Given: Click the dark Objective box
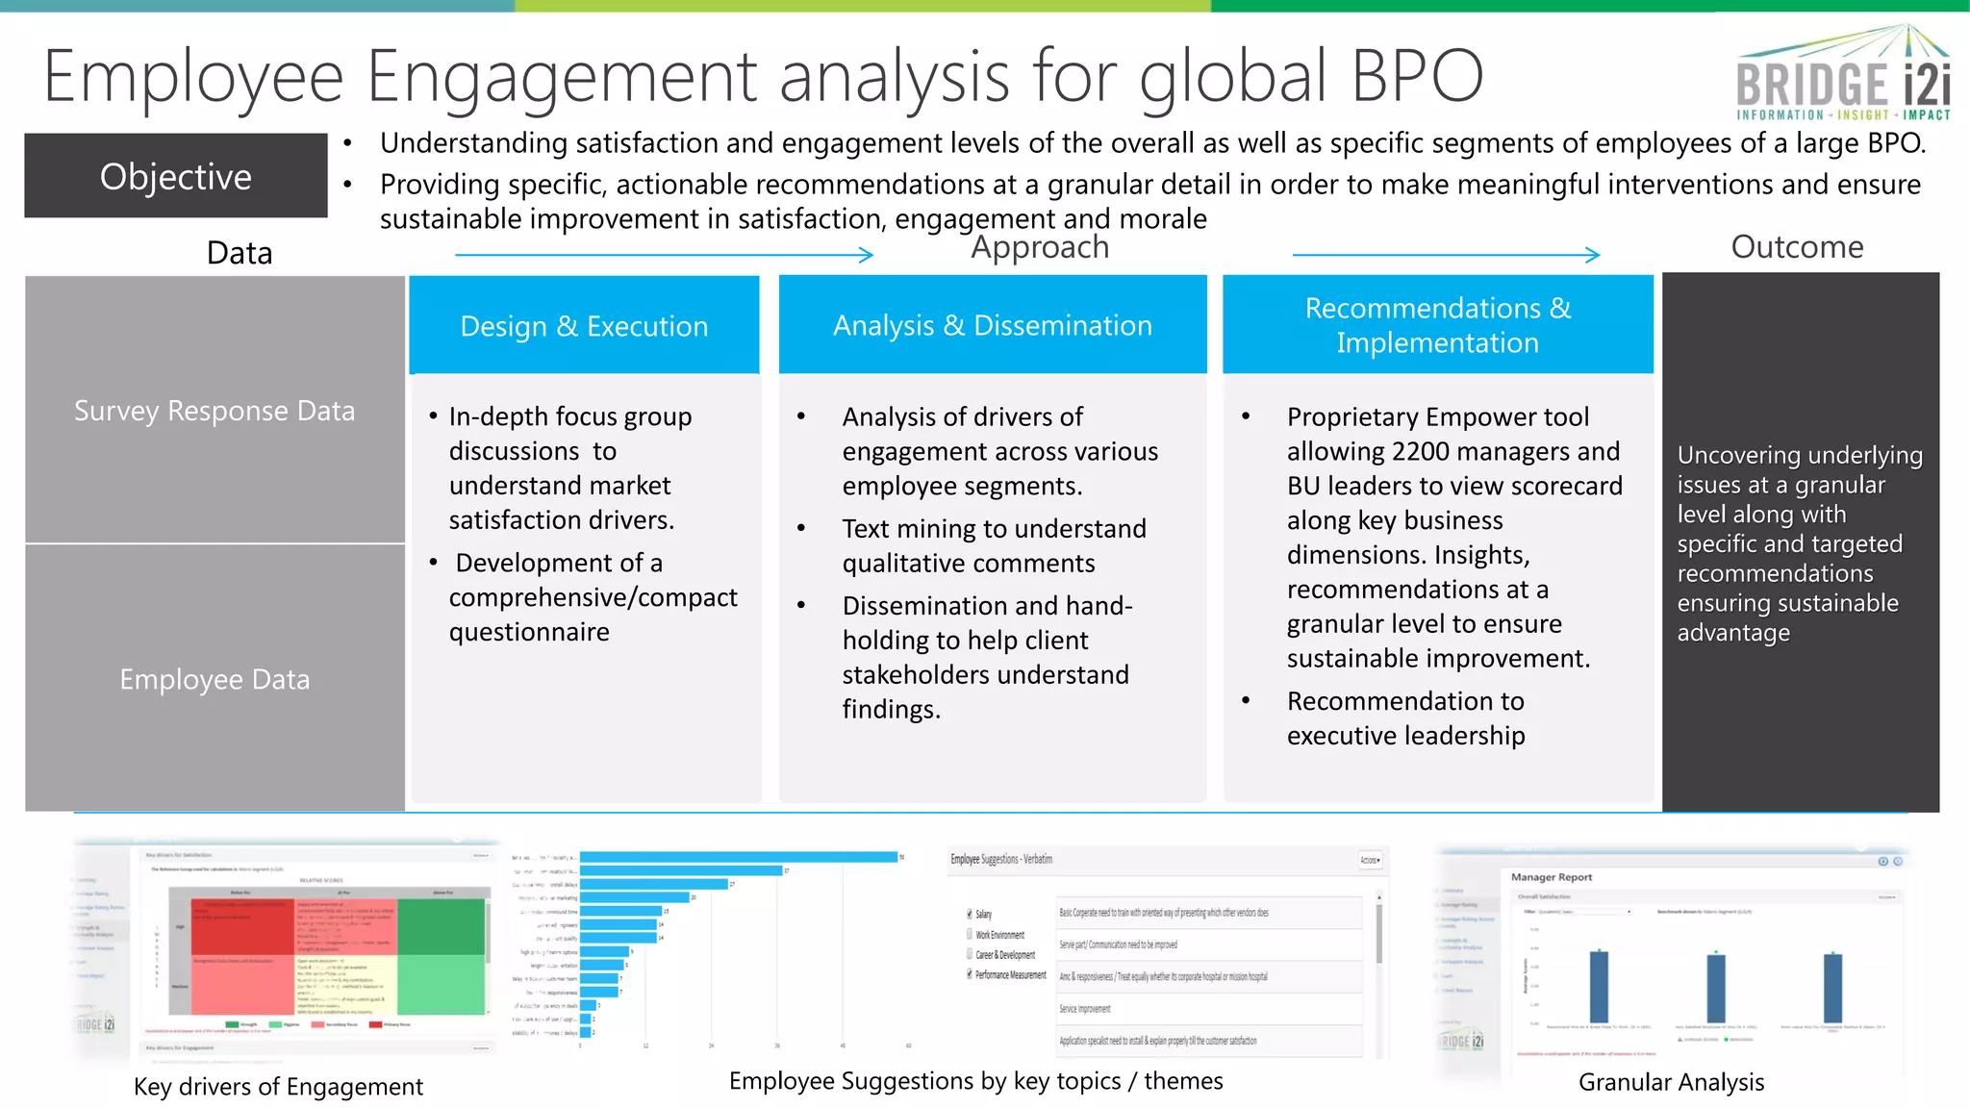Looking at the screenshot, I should (x=176, y=176).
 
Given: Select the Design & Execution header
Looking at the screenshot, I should (x=584, y=326).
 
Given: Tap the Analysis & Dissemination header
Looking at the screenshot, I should (x=992, y=325).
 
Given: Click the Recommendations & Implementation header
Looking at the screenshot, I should (x=1437, y=325).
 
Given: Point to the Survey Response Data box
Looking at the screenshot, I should (x=215, y=411).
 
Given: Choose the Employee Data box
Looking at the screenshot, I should (x=215, y=679).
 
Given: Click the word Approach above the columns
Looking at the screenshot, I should (x=1039, y=247).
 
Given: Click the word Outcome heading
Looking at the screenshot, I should (x=1797, y=247).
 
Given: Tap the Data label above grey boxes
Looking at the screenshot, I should (x=240, y=253).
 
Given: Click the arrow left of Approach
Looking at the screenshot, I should (x=664, y=255).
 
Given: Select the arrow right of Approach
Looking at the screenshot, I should (x=1445, y=255).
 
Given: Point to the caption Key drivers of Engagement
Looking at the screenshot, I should (x=278, y=1086).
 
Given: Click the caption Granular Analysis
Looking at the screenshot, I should (x=1671, y=1082).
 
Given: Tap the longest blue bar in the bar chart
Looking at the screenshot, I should (x=738, y=857).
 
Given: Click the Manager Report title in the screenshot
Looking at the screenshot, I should (x=1551, y=877).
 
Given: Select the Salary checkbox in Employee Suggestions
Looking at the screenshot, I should (x=970, y=914).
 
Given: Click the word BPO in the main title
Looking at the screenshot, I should (x=1417, y=77).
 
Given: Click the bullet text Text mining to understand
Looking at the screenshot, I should (x=994, y=529).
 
